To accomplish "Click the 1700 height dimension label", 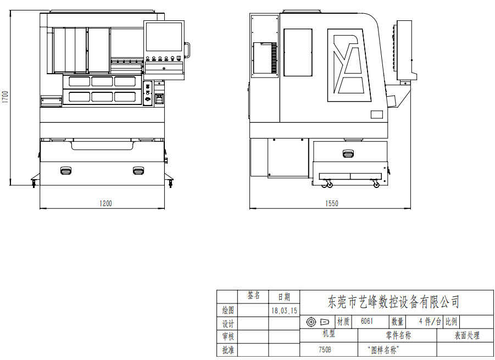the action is coord(5,97).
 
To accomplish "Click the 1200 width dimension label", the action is coord(105,204).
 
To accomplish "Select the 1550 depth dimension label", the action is coord(332,204).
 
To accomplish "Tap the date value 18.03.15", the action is coord(284,311).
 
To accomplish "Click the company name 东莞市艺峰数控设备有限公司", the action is coord(393,302).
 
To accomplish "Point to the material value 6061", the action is coord(367,321).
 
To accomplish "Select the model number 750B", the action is coord(325,350).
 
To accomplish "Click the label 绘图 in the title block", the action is coord(228,310).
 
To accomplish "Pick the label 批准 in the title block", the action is coord(228,350).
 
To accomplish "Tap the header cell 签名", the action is coord(254,295).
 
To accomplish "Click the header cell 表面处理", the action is coord(467,335).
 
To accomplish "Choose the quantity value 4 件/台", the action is coord(430,322).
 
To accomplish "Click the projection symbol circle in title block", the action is coord(312,322).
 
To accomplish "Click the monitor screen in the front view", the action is coord(164,37).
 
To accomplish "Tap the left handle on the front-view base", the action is coord(66,170).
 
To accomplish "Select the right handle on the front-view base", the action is coord(138,170).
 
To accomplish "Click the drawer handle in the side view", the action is coord(348,154).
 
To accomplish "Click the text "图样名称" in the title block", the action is coord(383,350).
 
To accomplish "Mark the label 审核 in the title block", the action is coord(228,336).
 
